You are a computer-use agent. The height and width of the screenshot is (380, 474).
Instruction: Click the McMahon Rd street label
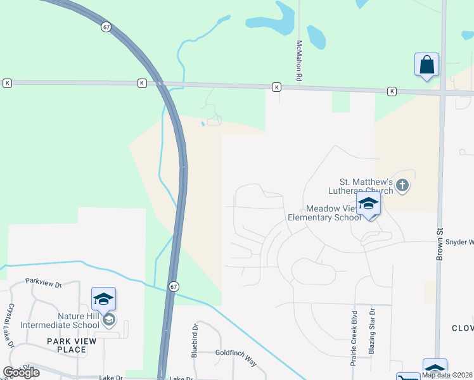point(298,61)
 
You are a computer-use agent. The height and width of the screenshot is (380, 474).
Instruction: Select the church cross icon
point(402,186)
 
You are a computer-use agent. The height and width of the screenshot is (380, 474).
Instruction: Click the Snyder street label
point(459,242)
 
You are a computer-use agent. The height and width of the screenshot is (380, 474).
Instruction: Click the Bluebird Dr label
point(195,338)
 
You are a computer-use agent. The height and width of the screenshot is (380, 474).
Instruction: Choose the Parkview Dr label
point(43,281)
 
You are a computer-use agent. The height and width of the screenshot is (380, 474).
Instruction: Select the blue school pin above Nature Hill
point(103,299)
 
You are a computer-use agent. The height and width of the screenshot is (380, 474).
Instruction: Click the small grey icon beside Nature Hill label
point(109,320)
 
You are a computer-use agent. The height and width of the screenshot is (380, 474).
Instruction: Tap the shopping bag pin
point(426,65)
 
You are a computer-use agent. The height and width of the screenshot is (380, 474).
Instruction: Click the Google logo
point(21,372)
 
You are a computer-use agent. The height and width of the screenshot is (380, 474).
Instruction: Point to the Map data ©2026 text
point(447,375)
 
